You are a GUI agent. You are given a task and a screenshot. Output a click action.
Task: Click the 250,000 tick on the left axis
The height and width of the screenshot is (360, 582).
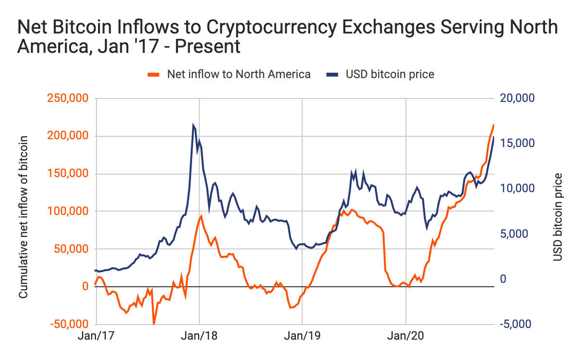point(67,98)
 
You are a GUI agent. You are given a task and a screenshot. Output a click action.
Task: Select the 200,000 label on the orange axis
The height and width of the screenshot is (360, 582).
point(67,136)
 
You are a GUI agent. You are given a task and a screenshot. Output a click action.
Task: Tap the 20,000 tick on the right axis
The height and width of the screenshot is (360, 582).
point(517,98)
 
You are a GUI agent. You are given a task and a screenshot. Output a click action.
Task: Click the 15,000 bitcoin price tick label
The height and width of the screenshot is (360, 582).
point(517,144)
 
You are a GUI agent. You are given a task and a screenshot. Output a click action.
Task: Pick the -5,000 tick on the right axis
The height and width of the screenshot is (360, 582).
point(517,324)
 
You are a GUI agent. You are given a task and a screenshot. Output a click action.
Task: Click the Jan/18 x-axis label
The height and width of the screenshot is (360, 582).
point(199,336)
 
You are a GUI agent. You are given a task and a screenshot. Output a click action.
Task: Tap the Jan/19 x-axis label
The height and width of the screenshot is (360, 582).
point(302,336)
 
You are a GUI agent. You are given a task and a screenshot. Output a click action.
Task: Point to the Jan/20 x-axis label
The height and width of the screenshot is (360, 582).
point(405,336)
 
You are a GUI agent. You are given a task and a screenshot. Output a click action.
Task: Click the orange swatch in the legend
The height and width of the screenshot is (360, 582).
point(154,74)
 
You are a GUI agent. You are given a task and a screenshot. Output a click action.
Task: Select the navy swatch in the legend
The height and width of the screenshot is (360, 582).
point(332,74)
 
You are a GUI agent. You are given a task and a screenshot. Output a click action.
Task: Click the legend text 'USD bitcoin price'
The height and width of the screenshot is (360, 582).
point(389,74)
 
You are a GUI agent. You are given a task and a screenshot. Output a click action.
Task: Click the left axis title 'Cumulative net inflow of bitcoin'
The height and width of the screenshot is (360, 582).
point(23,217)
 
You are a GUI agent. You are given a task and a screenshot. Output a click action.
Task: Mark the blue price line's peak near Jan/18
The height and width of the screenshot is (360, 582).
point(193,125)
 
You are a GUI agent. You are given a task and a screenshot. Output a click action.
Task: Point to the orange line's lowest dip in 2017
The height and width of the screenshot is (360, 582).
point(154,324)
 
